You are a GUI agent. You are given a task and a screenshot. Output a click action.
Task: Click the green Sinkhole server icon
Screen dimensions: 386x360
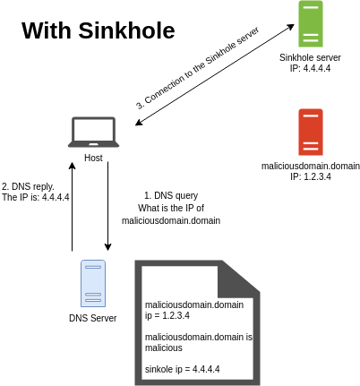(x=309, y=25)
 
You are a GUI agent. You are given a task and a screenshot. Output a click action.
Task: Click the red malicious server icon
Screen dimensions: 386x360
(x=311, y=133)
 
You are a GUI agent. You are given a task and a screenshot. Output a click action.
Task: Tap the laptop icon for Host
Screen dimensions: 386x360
(x=93, y=133)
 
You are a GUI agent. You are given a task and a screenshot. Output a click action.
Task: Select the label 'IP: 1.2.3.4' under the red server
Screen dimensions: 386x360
(x=311, y=177)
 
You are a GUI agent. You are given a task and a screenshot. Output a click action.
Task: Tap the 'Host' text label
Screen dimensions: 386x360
(x=93, y=158)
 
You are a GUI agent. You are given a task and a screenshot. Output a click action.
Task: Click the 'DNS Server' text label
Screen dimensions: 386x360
(x=92, y=318)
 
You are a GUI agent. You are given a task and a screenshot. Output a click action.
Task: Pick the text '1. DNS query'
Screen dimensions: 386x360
(x=170, y=195)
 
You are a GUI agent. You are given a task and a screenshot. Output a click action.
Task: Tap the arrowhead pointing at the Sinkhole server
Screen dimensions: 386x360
(x=292, y=28)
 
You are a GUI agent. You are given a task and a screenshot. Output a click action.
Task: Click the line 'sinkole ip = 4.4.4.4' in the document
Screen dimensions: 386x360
(x=182, y=369)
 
